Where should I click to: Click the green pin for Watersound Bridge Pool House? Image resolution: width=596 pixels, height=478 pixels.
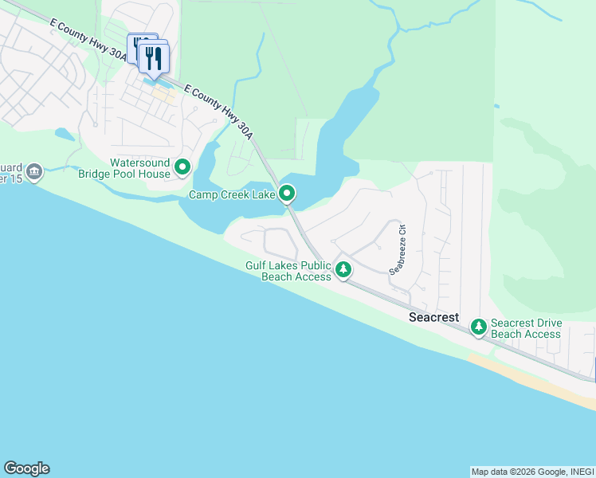[x=182, y=167]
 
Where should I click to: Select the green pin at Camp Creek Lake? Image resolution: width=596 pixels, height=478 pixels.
[x=287, y=194]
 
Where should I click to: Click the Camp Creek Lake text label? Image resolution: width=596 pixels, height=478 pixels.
[x=232, y=194]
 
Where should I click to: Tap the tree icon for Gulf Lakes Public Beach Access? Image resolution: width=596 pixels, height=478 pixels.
[x=343, y=270]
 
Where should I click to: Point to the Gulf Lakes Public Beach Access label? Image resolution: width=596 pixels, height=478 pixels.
[x=288, y=271]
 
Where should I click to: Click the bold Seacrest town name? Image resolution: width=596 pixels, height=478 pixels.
[x=433, y=317]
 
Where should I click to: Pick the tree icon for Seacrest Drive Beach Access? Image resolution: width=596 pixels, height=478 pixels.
[x=478, y=327]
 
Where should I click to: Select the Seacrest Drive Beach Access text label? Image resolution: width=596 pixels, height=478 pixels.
[x=526, y=328]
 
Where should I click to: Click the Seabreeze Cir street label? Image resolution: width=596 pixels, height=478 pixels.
[x=398, y=248]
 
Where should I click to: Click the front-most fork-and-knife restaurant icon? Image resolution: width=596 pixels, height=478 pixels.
[x=155, y=58]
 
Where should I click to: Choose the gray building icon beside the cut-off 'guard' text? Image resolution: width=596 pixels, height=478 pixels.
[x=33, y=171]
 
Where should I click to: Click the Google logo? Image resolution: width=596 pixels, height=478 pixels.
[x=26, y=468]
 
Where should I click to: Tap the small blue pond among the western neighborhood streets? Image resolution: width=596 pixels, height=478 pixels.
[x=64, y=134]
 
